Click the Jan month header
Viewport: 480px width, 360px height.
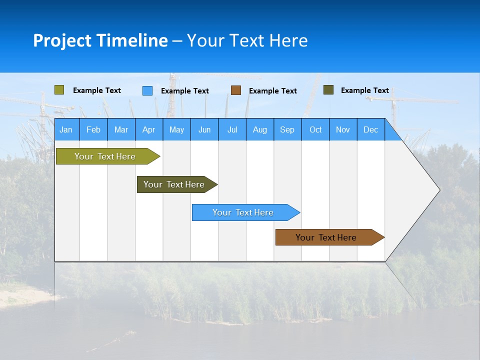tap(66, 129)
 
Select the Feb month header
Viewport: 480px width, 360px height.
tap(93, 129)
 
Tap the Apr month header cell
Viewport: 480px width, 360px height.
tap(148, 129)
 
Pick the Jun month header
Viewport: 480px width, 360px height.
tap(204, 129)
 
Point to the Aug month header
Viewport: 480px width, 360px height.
tap(259, 129)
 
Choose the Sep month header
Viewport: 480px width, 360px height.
tap(287, 129)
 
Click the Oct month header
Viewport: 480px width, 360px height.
tap(315, 129)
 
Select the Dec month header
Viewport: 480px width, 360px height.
tap(370, 129)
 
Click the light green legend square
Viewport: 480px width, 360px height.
tap(59, 90)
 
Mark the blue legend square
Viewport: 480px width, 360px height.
tap(147, 90)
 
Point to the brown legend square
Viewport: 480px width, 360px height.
tap(236, 90)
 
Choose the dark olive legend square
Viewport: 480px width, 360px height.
tap(328, 90)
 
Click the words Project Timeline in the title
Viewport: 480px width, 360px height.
tap(100, 40)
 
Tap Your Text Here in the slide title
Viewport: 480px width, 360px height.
tap(247, 40)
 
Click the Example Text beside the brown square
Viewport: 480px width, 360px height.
tap(272, 91)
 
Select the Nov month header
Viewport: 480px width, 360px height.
tap(343, 129)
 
